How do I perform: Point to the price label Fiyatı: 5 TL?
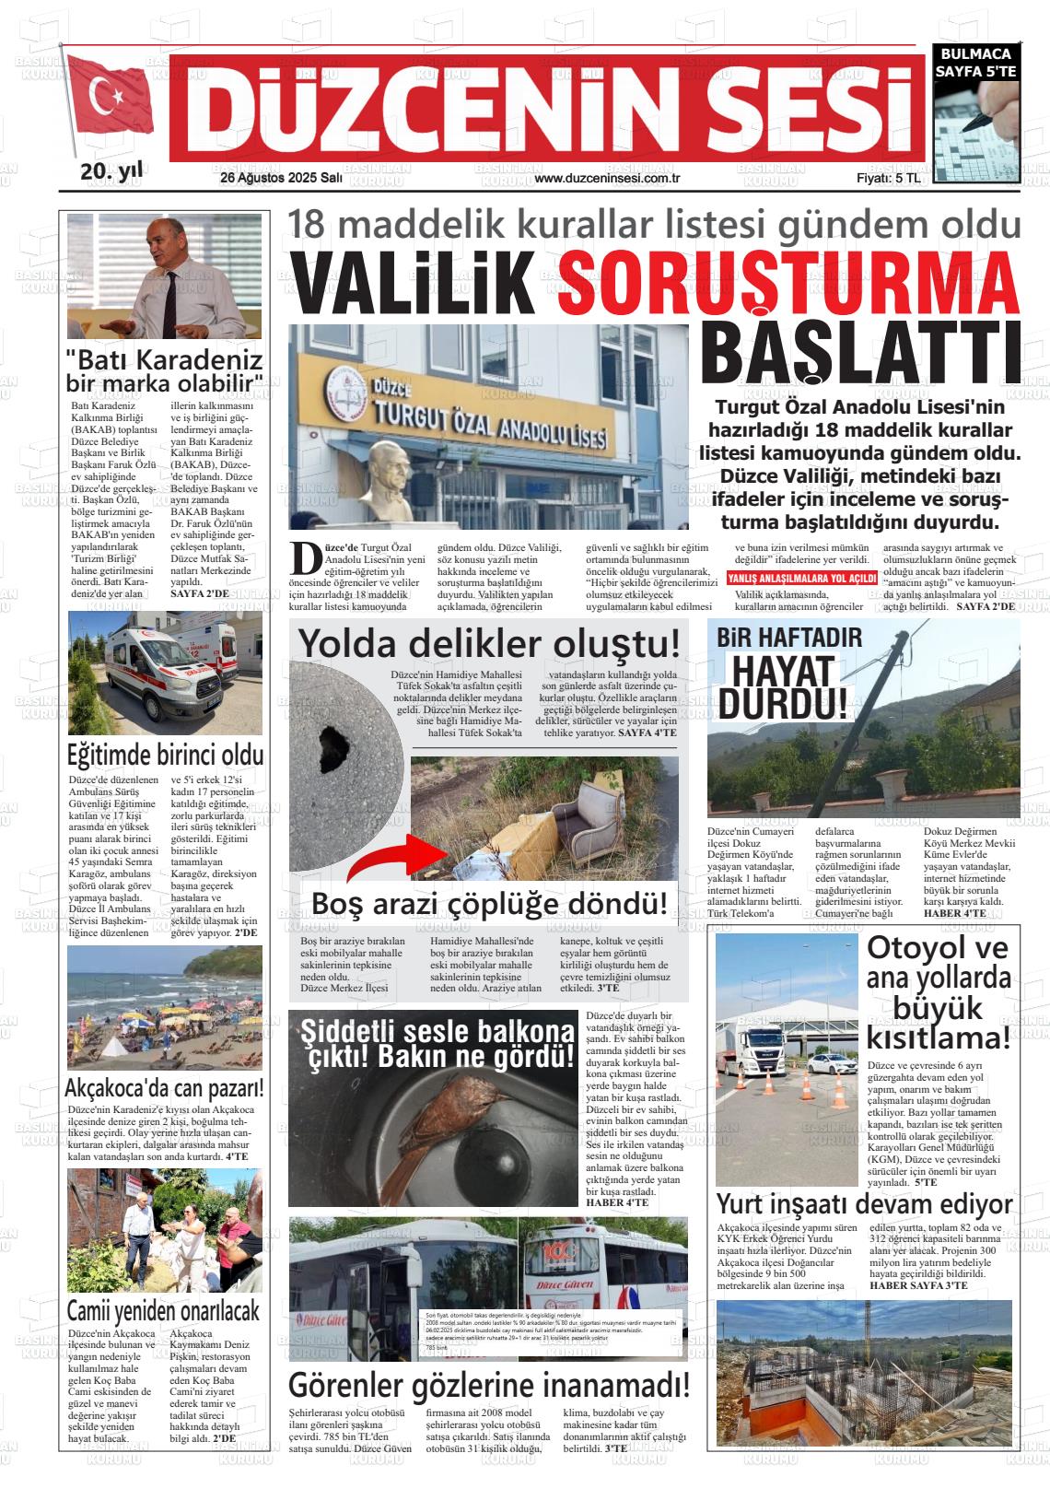[x=887, y=179]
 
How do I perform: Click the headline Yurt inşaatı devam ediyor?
[x=864, y=1204]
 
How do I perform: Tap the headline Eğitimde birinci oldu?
[x=166, y=755]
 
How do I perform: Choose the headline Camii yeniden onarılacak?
[x=164, y=1310]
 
